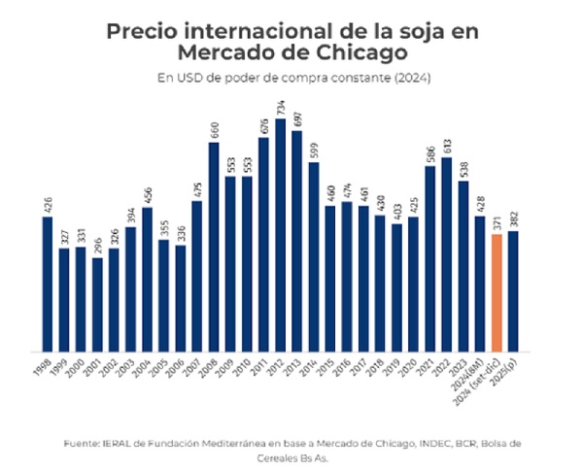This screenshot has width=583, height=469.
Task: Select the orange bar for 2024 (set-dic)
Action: click(497, 292)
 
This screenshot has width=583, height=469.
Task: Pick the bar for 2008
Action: click(214, 247)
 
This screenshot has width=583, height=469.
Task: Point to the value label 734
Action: click(280, 108)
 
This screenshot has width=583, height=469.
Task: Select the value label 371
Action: click(497, 223)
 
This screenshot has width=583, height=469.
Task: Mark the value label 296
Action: click(97, 247)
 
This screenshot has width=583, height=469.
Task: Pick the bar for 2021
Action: click(429, 258)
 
